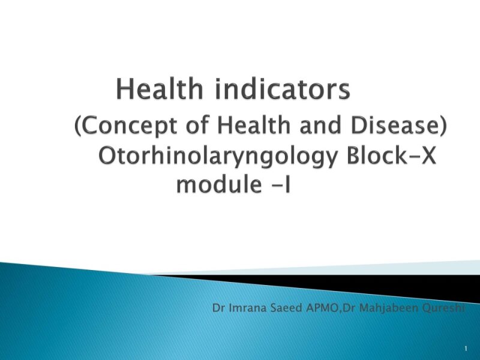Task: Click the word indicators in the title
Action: tap(284, 90)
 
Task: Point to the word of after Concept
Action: tap(196, 126)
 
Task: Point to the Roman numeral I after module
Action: tap(287, 184)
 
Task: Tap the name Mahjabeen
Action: tap(383, 309)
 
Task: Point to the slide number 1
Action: tap(466, 349)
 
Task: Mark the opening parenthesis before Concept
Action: tap(79, 127)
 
